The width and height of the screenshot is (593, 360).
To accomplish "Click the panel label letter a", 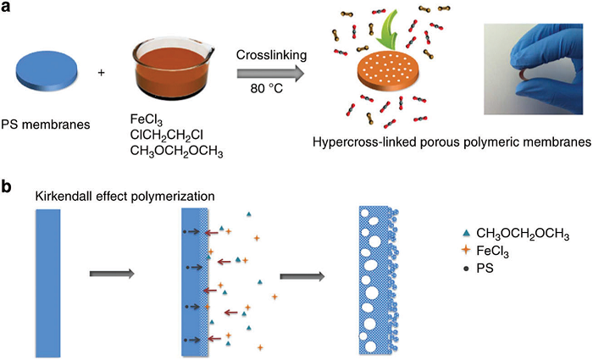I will click(8, 8).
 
